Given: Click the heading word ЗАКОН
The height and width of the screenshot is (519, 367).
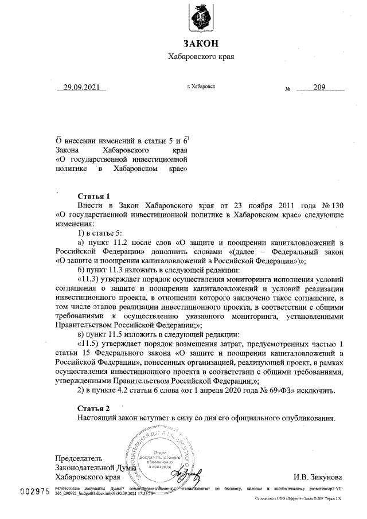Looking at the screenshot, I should click(x=201, y=44).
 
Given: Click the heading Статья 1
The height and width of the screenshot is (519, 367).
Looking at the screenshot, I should click(x=93, y=195).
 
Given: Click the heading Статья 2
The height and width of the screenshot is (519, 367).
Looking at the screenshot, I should click(x=93, y=408).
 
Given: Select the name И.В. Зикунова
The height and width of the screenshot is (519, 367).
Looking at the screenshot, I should click(x=318, y=476).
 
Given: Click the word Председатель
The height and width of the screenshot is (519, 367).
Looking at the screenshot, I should click(x=79, y=458).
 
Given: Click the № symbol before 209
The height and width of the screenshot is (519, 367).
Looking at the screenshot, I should click(x=288, y=89).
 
